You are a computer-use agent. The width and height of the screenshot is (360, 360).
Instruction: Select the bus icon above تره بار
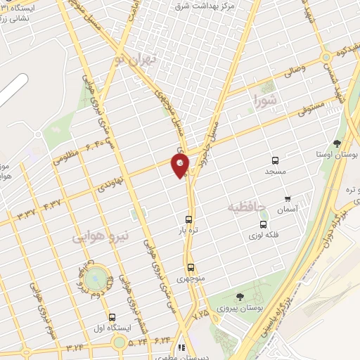(189, 218)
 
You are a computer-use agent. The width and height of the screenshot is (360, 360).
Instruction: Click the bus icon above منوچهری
(191, 267)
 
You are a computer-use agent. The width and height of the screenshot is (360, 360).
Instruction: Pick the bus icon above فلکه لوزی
(263, 224)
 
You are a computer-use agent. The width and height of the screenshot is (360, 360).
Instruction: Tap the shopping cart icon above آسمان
(287, 199)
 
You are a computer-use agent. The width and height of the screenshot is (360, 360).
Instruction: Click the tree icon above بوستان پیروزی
(240, 297)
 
